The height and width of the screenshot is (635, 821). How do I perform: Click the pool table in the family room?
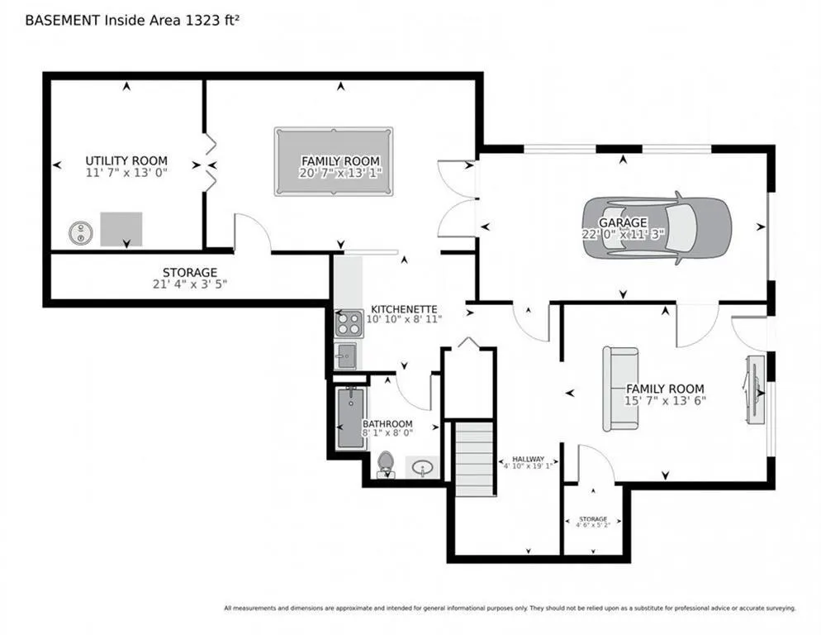334,161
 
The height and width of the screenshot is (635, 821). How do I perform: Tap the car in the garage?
657,227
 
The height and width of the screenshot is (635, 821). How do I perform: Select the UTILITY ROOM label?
126,160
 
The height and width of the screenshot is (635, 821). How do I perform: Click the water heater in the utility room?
81,233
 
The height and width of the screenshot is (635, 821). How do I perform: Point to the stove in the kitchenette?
349,323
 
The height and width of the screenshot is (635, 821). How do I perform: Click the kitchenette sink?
345,356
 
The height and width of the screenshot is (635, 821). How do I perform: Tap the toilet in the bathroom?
386,465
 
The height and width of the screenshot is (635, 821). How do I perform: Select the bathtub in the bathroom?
350,418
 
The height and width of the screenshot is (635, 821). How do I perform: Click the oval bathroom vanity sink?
422,466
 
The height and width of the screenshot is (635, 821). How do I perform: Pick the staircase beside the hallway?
474,459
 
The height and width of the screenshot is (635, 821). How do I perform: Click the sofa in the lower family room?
620,389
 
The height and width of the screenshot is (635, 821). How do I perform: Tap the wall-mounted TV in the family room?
753,389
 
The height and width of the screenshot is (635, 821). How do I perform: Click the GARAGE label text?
623,222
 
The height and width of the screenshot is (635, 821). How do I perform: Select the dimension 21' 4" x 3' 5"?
189,284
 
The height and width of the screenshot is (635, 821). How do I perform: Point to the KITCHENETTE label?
404,309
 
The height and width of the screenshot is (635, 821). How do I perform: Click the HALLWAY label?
528,459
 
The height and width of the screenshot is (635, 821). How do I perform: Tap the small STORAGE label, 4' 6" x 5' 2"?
593,518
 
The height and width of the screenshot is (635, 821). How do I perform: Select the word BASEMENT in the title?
63,21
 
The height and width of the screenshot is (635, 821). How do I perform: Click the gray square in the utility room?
121,229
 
